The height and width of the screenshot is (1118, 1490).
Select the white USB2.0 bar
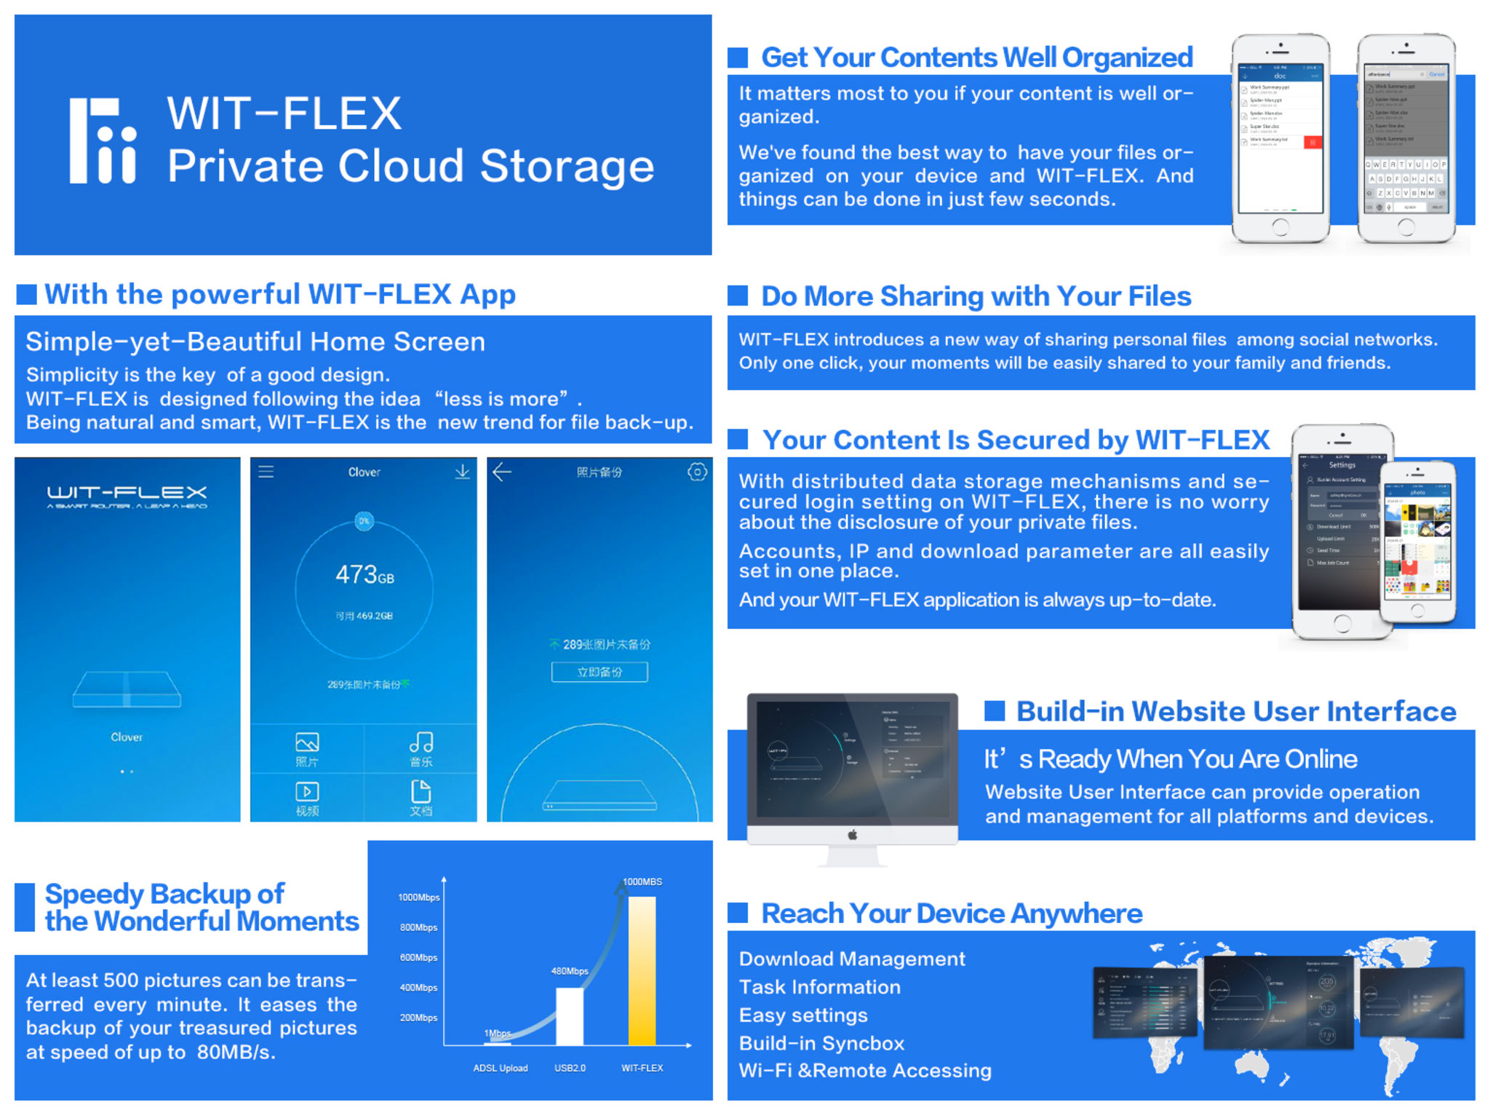[569, 1016]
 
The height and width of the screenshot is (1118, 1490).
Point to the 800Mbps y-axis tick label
[418, 927]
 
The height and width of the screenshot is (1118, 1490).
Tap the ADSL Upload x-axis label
[501, 1069]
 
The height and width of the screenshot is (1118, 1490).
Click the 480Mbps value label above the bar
[570, 971]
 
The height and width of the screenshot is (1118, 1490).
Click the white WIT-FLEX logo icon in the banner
[103, 140]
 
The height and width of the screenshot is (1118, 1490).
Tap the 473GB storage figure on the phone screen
[364, 575]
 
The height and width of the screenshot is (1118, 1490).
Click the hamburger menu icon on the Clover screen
[266, 472]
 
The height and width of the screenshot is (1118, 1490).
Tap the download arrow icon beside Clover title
[462, 472]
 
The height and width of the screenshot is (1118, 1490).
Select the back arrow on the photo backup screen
[502, 472]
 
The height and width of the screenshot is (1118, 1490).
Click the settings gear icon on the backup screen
[697, 472]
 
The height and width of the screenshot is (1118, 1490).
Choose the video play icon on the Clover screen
[307, 791]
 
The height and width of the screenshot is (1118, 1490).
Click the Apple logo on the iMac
[852, 835]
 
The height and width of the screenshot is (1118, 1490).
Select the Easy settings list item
[803, 1015]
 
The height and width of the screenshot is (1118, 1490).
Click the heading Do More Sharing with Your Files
[976, 296]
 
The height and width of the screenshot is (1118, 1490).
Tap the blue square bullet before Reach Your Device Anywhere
[738, 913]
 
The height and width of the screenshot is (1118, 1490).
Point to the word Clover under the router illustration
[127, 737]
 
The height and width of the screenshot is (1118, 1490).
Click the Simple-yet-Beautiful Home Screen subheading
[255, 342]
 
